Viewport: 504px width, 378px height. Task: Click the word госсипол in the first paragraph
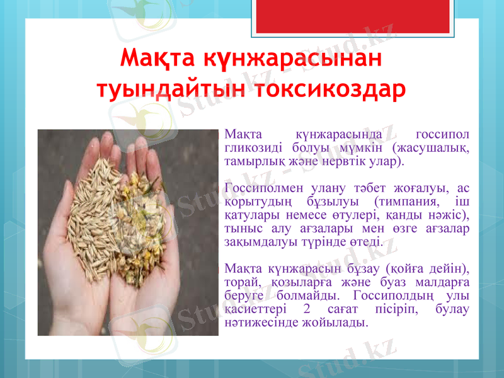[x=444, y=135]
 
